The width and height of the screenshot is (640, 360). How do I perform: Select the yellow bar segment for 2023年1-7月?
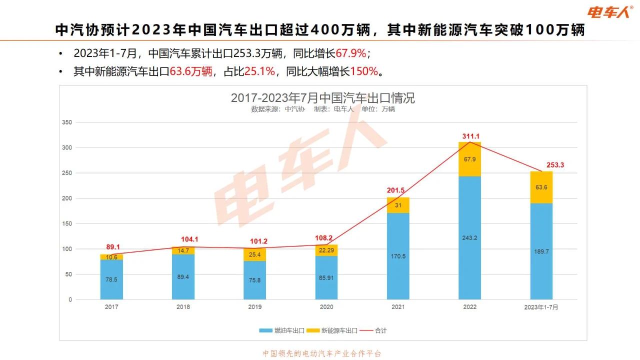pyautogui.click(x=541, y=187)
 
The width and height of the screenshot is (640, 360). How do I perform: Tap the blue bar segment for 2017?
pyautogui.click(x=111, y=279)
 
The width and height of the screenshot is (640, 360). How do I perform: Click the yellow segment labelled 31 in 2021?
pyautogui.click(x=398, y=205)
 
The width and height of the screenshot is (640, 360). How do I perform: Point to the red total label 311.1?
pyautogui.click(x=470, y=136)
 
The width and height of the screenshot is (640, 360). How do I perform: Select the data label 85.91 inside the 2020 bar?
pyautogui.click(x=326, y=277)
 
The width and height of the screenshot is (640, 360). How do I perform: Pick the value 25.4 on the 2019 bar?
pyautogui.click(x=255, y=254)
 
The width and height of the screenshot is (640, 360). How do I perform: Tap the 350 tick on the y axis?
pyautogui.click(x=66, y=122)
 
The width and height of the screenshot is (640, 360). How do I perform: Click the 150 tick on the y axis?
pyautogui.click(x=66, y=223)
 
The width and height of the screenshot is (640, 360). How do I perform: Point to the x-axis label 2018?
pyautogui.click(x=183, y=307)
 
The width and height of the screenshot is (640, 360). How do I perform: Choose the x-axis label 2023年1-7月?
pyautogui.click(x=541, y=307)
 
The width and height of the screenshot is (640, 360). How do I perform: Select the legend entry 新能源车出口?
pyautogui.click(x=334, y=330)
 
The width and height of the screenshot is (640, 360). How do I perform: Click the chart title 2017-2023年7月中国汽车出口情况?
pyautogui.click(x=322, y=97)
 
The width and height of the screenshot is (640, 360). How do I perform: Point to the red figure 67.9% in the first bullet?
pyautogui.click(x=351, y=53)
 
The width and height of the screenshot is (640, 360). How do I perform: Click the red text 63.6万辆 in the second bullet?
pyautogui.click(x=191, y=71)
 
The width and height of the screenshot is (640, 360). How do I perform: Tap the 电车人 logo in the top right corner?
pyautogui.click(x=608, y=12)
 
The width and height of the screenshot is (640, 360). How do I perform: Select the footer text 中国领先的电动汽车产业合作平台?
pyautogui.click(x=322, y=353)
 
